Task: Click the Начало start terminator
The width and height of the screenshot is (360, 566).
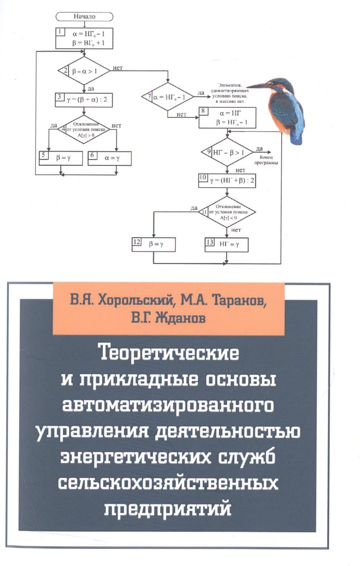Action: [84, 16]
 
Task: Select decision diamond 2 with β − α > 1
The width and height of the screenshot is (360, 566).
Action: [84, 71]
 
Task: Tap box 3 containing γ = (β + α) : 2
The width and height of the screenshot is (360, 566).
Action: [84, 100]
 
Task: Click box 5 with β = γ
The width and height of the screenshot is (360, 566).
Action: [61, 158]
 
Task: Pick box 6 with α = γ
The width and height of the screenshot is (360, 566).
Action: [110, 158]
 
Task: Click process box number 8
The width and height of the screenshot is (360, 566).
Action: [227, 118]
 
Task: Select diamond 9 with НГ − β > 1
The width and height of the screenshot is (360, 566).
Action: [227, 152]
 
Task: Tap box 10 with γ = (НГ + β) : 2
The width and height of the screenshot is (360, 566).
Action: [227, 180]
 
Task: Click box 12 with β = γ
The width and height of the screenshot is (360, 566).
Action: [153, 245]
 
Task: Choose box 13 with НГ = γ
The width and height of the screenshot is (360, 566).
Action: [226, 245]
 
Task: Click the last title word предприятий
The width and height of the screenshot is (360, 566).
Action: [168, 508]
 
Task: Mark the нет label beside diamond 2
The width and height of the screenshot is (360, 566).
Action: [117, 68]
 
